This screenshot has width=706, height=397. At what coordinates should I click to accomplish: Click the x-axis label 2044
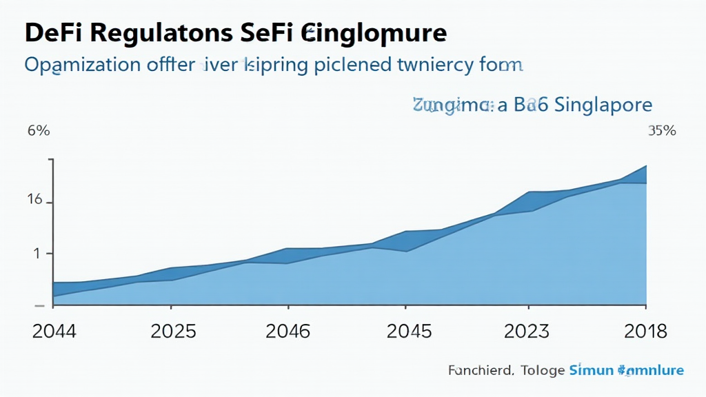click(54, 332)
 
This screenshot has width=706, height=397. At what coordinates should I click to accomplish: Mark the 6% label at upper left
click(38, 132)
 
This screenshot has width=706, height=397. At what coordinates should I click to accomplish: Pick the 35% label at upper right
click(662, 131)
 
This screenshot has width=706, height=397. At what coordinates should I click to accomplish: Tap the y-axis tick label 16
click(34, 201)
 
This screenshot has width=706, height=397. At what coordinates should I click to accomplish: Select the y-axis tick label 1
click(38, 253)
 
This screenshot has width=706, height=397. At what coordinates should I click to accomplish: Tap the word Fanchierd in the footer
click(480, 371)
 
